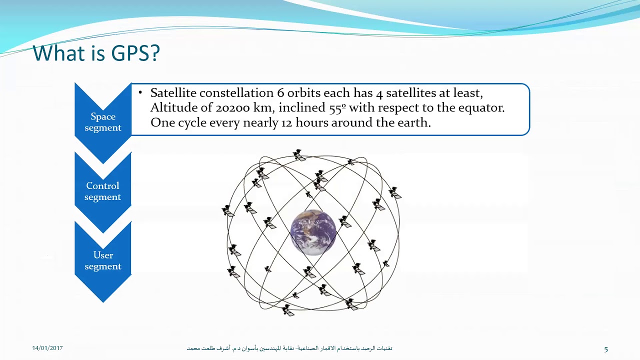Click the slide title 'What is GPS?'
(x=96, y=53)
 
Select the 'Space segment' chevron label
(x=103, y=122)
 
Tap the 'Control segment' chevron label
(x=102, y=191)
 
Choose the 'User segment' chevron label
(x=103, y=260)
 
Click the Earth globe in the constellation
(x=313, y=232)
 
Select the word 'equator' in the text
(x=482, y=107)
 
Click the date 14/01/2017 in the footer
(x=47, y=348)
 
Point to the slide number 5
(x=606, y=349)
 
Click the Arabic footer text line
(x=289, y=348)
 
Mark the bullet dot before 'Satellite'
(x=140, y=93)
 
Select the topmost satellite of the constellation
(x=299, y=155)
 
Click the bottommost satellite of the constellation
(x=288, y=310)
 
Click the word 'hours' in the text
(x=312, y=122)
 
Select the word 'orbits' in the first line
(x=303, y=93)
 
